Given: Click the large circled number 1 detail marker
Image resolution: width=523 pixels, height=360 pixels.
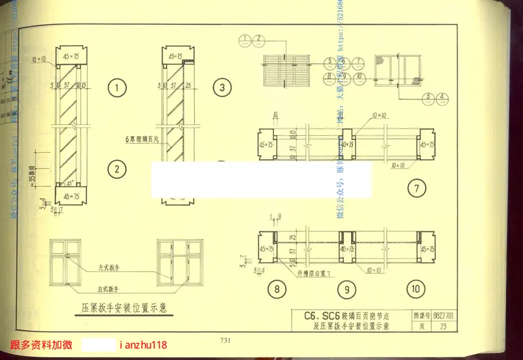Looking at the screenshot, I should [117, 88].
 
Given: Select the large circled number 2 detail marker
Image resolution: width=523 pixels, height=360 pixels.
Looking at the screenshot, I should [117, 171].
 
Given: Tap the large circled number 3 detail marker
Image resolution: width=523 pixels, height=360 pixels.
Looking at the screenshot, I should [222, 87].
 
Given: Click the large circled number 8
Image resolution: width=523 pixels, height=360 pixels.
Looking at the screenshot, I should [277, 289].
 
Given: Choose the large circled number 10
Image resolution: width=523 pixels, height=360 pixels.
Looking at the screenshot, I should [416, 289].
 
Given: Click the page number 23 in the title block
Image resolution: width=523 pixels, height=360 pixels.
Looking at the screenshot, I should [444, 327].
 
